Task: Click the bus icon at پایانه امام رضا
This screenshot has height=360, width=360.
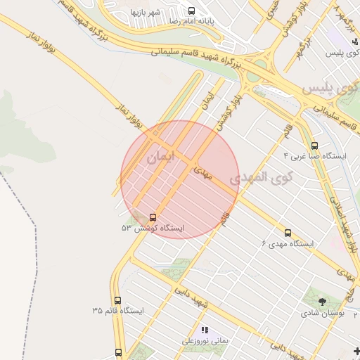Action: click(191, 11)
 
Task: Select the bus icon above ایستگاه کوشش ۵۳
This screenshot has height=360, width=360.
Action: click(153, 217)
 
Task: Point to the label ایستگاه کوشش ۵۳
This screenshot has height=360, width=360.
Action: click(153, 228)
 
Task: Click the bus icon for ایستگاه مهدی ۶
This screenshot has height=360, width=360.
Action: click(288, 233)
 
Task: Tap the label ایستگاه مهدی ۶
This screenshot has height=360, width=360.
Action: click(288, 243)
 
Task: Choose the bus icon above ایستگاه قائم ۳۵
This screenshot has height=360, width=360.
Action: click(117, 300)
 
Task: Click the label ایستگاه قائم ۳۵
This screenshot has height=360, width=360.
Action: click(117, 310)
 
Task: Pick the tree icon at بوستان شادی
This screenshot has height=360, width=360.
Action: click(322, 301)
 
